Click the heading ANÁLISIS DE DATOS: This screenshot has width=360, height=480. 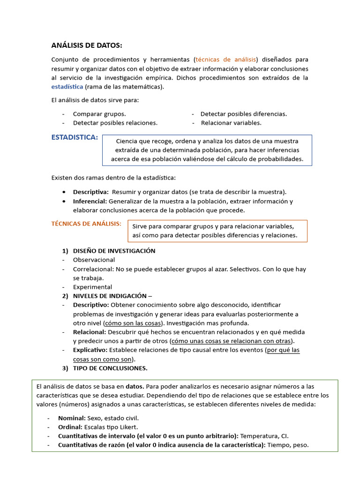86,45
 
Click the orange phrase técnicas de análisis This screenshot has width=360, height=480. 226,60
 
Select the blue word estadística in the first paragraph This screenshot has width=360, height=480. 67,87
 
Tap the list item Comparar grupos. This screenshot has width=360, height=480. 99,114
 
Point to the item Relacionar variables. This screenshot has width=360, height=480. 231,123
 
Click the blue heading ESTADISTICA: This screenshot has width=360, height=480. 75,137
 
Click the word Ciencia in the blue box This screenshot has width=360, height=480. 128,141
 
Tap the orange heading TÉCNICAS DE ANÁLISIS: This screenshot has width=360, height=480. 86,224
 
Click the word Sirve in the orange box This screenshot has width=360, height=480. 141,226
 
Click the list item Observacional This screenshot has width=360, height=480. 94,260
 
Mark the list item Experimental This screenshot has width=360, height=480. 92,287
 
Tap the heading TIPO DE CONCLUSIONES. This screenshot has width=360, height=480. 110,368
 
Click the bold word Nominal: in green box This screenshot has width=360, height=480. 72,418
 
